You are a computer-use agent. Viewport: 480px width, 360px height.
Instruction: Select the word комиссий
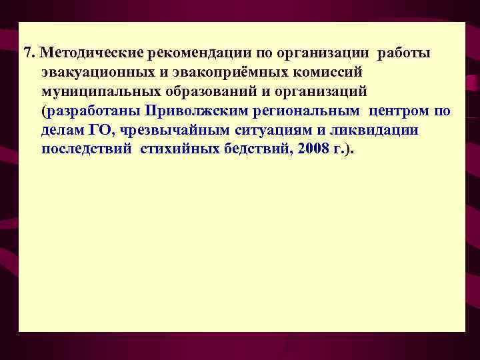[325, 71]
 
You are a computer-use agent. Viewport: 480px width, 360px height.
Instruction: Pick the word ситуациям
[269, 129]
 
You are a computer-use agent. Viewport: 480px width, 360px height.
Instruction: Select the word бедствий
[254, 149]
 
